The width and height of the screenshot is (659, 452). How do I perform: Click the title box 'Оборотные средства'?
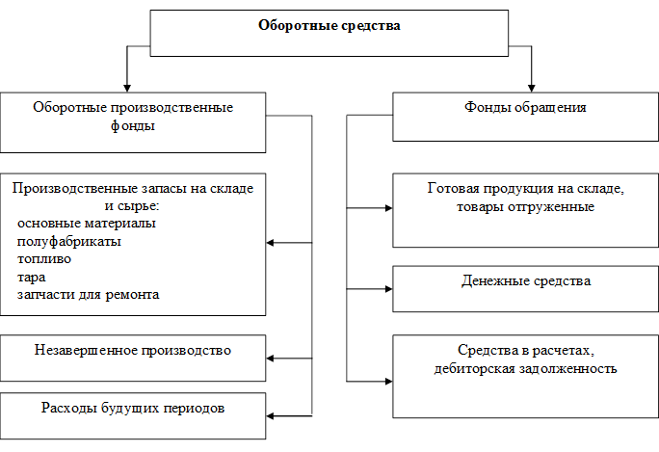point(329,32)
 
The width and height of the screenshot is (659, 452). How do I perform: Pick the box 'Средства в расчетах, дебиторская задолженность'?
point(525,375)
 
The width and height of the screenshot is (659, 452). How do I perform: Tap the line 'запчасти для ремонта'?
point(88,294)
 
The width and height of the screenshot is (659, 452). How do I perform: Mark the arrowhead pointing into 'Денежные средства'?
point(387,287)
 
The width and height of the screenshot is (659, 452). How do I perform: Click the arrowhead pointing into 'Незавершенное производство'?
point(272,359)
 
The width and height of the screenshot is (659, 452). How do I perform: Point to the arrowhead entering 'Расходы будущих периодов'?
point(272,415)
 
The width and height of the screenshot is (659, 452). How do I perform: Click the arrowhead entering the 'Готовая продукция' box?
point(387,207)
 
